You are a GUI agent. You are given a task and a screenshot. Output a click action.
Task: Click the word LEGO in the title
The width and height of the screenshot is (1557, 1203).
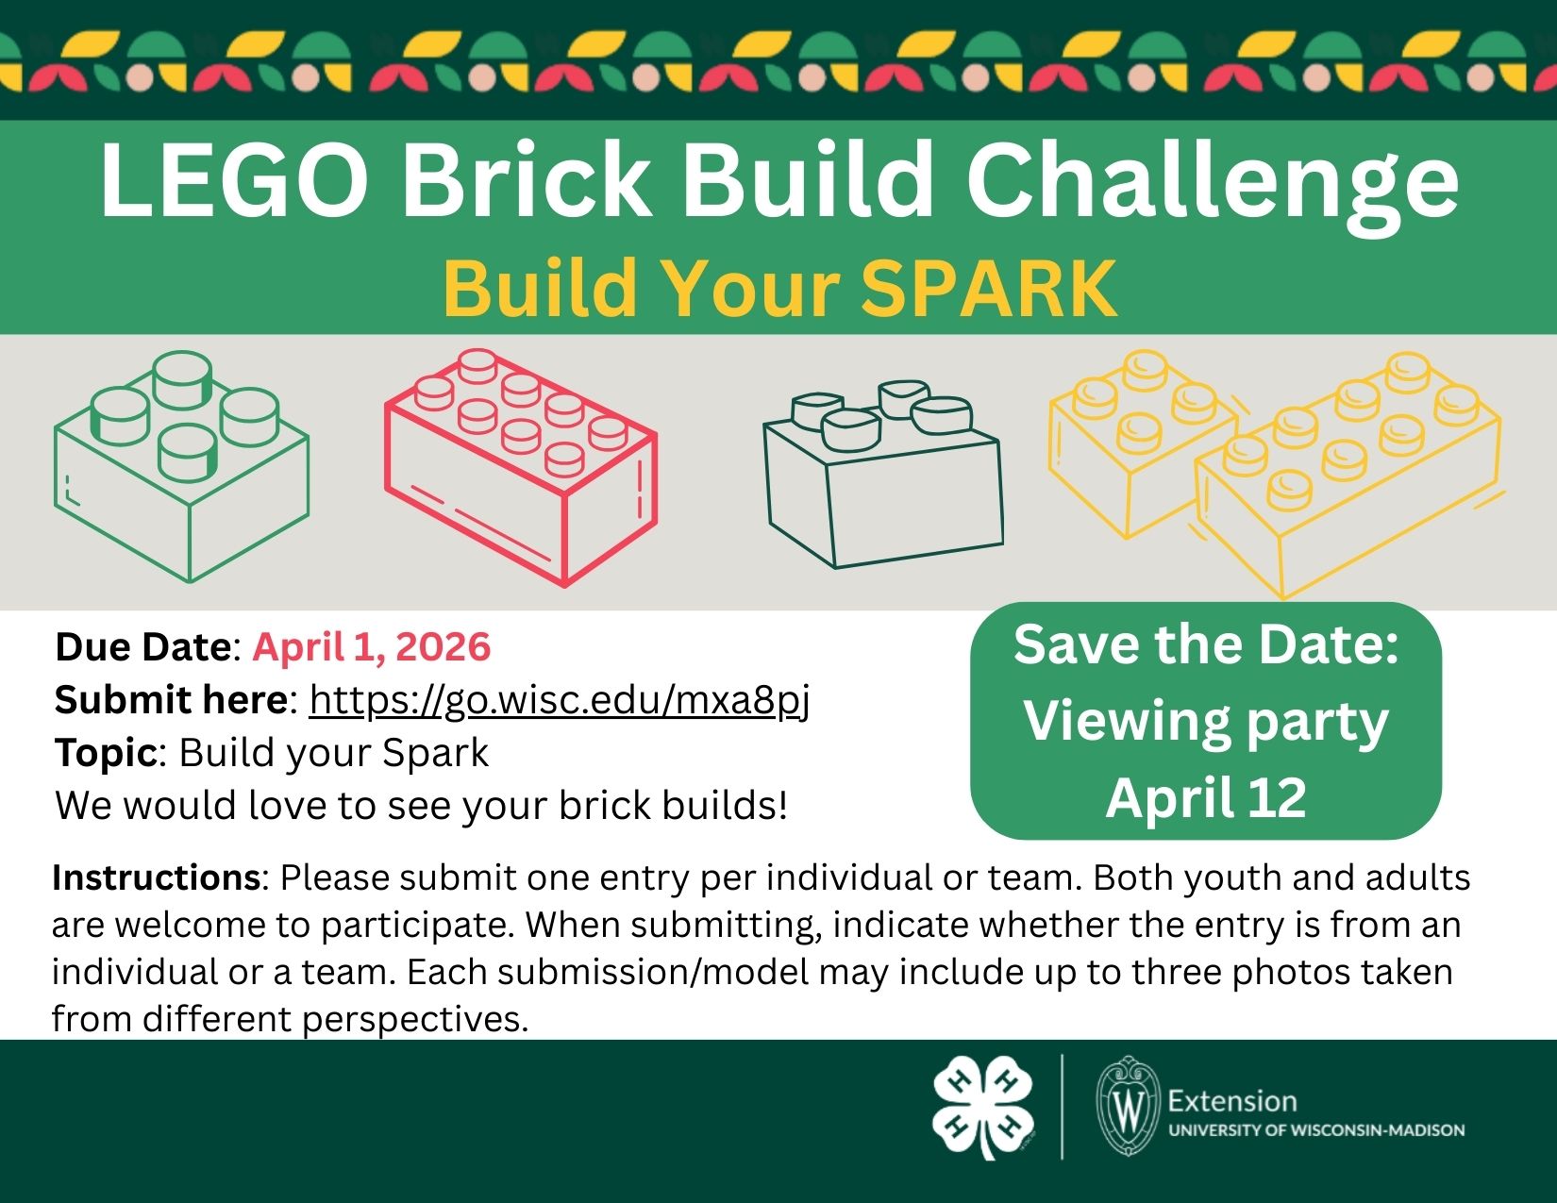coord(234,180)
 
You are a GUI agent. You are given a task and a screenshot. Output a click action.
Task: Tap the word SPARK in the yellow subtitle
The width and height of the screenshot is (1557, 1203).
coord(989,288)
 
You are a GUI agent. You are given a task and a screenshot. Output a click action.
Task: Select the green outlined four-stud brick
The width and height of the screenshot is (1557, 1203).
coord(182,466)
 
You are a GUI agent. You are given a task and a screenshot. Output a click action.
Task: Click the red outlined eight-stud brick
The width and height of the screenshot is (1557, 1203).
coord(521,467)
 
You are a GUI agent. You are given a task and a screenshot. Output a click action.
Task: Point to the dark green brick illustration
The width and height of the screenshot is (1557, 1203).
coord(883,475)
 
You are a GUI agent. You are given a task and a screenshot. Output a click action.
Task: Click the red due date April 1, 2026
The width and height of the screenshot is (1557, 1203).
coord(371,646)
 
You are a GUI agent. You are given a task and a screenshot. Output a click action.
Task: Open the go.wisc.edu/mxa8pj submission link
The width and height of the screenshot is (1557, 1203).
coord(560,700)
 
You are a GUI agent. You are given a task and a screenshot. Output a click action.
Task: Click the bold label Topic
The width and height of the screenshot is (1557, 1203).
coord(106,753)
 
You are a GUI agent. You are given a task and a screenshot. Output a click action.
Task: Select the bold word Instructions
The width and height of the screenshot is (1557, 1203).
coord(157,877)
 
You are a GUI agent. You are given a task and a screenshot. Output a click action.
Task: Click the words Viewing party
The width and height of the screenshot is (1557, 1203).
coord(1206,722)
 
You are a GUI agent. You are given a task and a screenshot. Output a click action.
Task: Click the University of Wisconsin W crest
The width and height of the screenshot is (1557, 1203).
coord(1128,1106)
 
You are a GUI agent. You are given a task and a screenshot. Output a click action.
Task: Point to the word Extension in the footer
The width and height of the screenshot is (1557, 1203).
coord(1232,1101)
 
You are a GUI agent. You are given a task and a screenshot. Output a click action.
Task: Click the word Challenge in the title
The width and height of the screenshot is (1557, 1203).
coord(1212,185)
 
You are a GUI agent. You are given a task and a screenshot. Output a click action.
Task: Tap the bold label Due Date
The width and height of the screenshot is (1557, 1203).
coord(143,646)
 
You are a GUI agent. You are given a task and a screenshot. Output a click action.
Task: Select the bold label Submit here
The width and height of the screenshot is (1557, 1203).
coord(171,699)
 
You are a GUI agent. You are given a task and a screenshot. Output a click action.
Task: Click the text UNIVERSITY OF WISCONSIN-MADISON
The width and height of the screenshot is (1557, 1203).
coord(1317,1130)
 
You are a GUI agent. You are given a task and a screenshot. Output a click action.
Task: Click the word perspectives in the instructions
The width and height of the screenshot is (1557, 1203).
coord(415,1020)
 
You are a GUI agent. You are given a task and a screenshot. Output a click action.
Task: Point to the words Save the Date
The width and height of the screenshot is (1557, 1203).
coord(1206,644)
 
